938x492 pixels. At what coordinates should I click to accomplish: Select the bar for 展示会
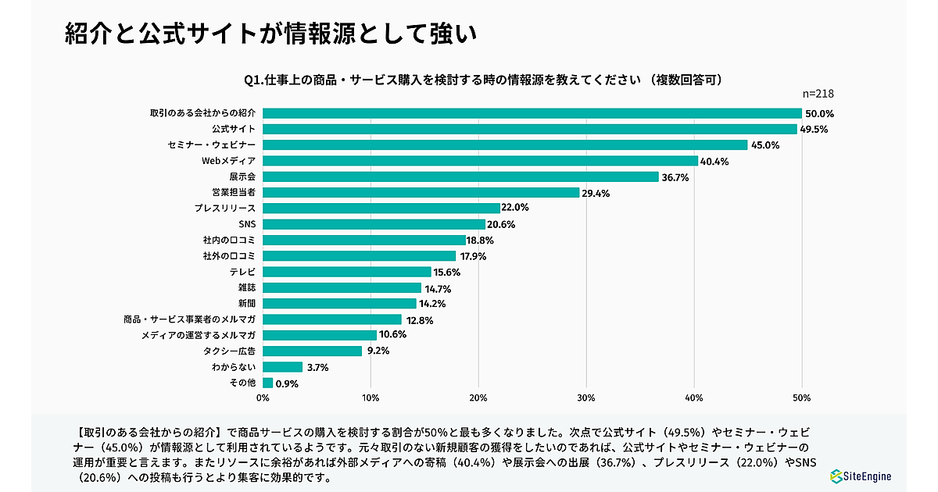pos(461,176)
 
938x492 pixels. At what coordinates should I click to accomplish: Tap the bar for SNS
pos(374,224)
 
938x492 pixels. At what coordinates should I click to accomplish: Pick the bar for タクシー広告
pos(313,351)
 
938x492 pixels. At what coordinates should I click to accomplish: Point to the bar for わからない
pos(283,367)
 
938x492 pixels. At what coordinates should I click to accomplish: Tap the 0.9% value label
pos(287,383)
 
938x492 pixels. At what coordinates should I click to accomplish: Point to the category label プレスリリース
pos(226,209)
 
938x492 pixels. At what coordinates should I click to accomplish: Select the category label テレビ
pos(242,272)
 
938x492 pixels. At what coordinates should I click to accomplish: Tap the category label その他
pos(242,383)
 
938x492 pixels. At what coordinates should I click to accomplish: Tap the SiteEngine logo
pos(860,476)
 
